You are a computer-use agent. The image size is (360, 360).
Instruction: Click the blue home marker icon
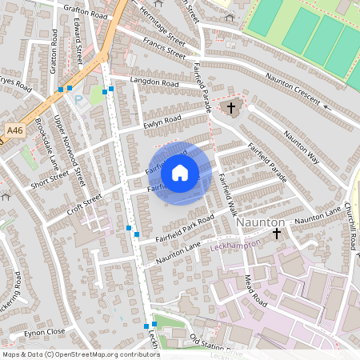[180, 172]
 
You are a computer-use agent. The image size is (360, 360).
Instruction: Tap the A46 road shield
[14, 130]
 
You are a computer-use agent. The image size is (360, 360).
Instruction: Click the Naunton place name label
[261, 221]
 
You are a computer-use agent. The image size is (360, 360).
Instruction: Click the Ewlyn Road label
[162, 123]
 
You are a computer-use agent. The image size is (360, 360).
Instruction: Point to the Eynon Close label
[44, 331]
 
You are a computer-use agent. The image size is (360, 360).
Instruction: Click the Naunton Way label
[302, 148]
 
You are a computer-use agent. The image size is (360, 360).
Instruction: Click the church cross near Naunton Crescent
[232, 106]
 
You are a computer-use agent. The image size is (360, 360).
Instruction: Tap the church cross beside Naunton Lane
[277, 234]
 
